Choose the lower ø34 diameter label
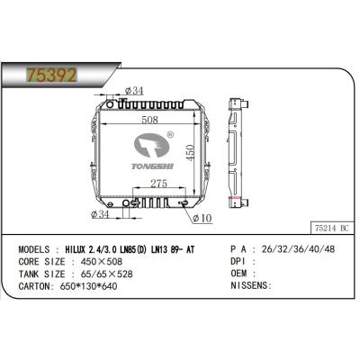click(102, 215)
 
